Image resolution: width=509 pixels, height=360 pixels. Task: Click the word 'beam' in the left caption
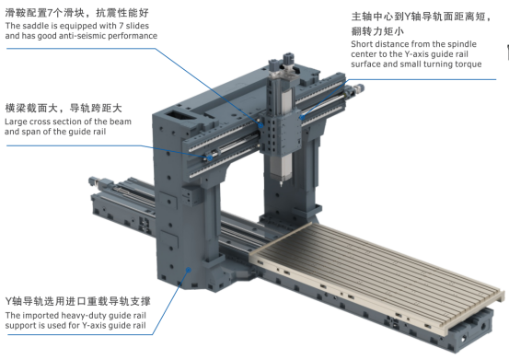(121, 122)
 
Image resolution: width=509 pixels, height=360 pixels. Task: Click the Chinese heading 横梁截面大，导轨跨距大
(64, 108)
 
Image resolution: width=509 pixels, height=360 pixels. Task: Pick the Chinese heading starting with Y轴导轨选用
(78, 301)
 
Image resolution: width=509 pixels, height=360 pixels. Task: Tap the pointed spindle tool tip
(281, 184)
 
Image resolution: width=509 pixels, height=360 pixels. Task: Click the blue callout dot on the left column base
(189, 270)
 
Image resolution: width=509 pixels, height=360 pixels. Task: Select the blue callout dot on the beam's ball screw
(210, 158)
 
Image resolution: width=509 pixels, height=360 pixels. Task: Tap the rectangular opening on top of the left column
(178, 115)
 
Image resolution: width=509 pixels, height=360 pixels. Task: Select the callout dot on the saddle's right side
(302, 118)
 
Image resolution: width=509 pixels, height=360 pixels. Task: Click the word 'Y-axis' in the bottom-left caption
(94, 326)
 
